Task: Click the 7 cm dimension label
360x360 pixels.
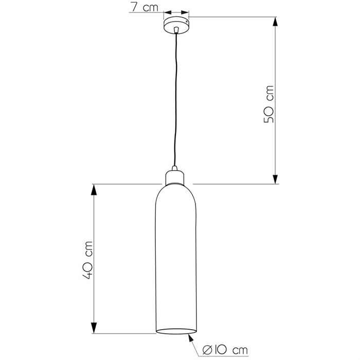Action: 145,7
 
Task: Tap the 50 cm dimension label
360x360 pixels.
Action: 268,104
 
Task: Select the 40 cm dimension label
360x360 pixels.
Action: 87,260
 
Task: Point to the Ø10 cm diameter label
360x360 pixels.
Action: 225,350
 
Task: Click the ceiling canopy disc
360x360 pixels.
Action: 176,25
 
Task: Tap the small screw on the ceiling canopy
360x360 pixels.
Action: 187,22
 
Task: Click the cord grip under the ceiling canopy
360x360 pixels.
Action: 176,30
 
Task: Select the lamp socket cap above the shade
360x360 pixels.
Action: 175,178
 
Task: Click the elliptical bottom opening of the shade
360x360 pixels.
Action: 176,331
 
